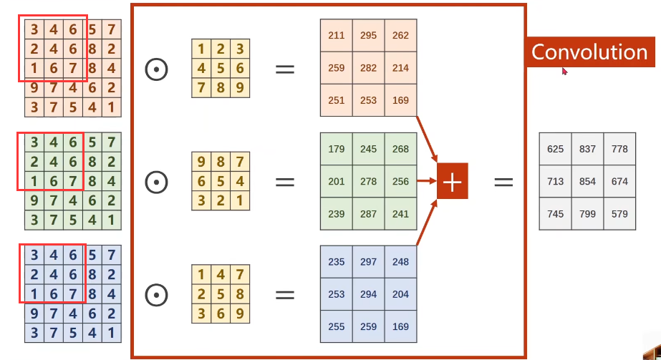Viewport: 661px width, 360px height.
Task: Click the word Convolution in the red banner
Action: [589, 52]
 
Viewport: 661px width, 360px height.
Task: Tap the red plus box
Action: [452, 183]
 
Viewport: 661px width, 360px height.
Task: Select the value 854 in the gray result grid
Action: [587, 181]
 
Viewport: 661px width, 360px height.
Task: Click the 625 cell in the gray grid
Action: [555, 149]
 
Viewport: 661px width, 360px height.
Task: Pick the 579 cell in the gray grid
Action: [619, 214]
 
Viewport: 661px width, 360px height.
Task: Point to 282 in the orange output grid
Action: [368, 68]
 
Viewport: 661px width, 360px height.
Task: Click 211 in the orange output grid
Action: [336, 36]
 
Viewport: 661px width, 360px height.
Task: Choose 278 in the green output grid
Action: [368, 182]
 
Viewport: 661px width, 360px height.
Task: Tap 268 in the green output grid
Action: [401, 149]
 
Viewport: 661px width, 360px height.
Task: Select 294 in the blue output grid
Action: [368, 294]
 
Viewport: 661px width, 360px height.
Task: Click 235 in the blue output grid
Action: [336, 262]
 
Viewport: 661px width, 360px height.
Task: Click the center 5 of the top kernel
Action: [221, 69]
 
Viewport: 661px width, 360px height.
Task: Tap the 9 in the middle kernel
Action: [201, 160]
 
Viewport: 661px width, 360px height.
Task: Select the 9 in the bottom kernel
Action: [240, 313]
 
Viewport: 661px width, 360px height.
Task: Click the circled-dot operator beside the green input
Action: [156, 182]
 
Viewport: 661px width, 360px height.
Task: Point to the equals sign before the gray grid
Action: [503, 183]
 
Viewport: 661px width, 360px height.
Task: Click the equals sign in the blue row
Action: [285, 294]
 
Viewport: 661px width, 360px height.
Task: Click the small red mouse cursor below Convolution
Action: [564, 71]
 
